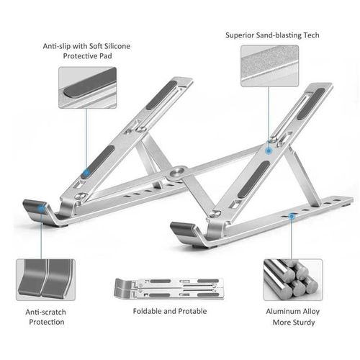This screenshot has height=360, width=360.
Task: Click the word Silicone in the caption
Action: (114, 46)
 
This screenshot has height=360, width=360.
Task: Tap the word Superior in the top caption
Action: (240, 34)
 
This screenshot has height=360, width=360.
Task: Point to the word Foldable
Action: (149, 311)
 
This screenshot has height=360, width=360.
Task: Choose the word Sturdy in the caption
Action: (300, 322)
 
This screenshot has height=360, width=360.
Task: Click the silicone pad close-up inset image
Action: (87, 88)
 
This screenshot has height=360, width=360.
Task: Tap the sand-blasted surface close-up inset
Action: (269, 66)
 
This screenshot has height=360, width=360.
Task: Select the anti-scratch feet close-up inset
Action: (45, 280)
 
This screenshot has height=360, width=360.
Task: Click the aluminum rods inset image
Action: (291, 279)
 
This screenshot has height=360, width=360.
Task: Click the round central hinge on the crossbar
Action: (177, 173)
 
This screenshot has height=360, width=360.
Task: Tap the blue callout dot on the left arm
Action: (86, 172)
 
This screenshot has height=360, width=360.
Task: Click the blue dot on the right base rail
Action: (292, 215)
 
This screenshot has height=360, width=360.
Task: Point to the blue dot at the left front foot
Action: (41, 208)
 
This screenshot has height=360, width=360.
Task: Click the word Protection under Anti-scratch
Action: (45, 322)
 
